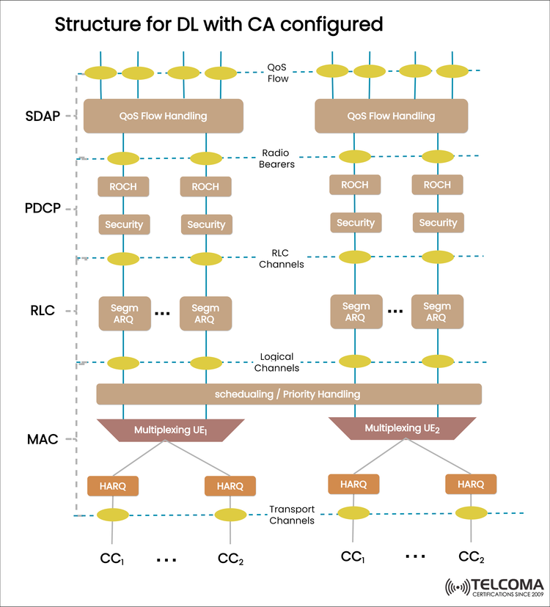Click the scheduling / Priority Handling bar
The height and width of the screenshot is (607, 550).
pos(288,394)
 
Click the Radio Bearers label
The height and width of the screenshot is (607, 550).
pos(277,158)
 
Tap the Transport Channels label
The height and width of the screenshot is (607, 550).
pos(292,515)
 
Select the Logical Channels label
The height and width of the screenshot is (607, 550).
pos(279,362)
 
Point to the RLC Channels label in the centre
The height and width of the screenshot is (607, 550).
pos(281,259)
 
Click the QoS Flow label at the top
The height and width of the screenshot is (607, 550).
pos(278,72)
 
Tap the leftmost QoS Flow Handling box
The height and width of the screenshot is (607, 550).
pos(163,116)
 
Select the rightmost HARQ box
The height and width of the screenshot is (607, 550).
pos(470,484)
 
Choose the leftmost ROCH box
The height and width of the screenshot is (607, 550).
pos(122,186)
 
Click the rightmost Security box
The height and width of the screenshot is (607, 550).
pos(437,223)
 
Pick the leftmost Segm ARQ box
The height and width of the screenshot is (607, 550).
pos(124,314)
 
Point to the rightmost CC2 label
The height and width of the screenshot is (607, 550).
pos(472,557)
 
